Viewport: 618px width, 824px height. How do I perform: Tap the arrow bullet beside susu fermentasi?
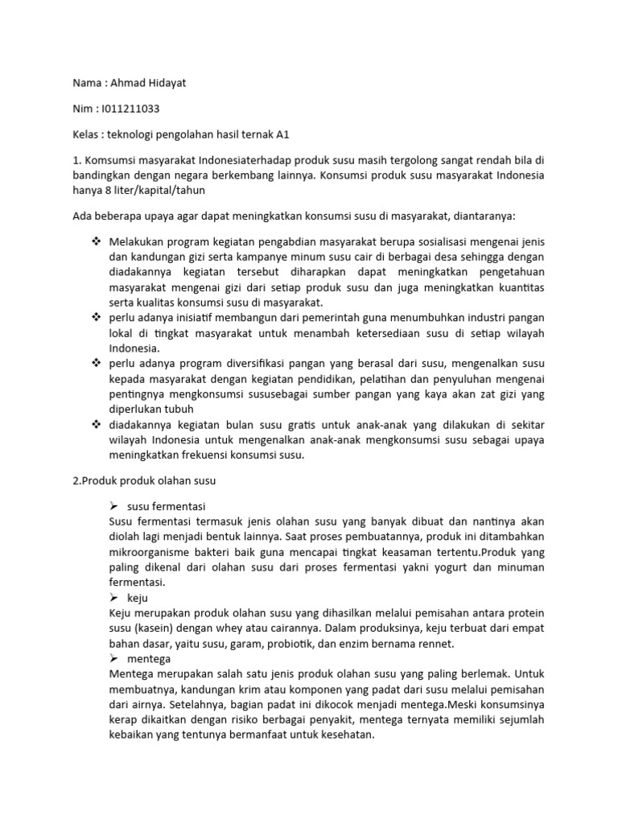pos(113,506)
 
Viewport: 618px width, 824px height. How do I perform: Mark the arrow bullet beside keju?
pos(113,598)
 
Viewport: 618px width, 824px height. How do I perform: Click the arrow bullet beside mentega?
pos(113,658)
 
